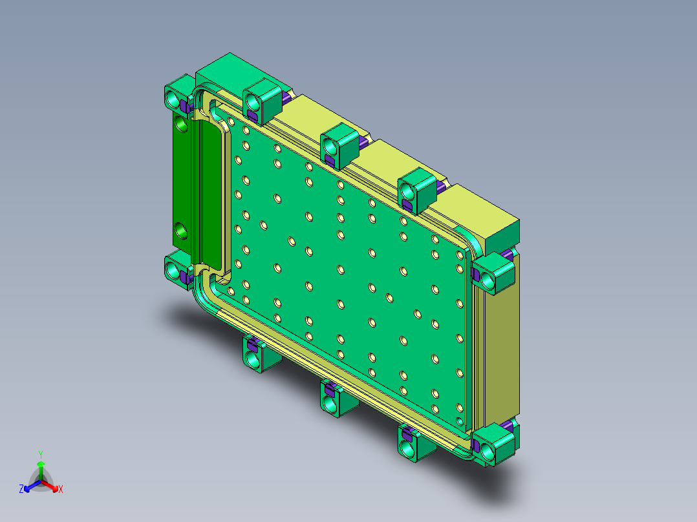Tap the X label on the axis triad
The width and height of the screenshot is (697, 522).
point(61,490)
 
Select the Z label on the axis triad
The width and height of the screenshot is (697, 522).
point(21,490)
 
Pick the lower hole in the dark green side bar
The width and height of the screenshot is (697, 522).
point(182,229)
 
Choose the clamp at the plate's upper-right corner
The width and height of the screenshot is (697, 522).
point(493,273)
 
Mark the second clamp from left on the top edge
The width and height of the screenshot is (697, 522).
point(261,100)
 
